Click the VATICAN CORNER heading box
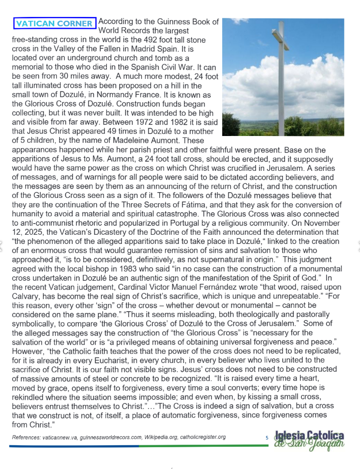point(54,23)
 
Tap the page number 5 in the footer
point(267,438)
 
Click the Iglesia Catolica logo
point(309,439)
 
